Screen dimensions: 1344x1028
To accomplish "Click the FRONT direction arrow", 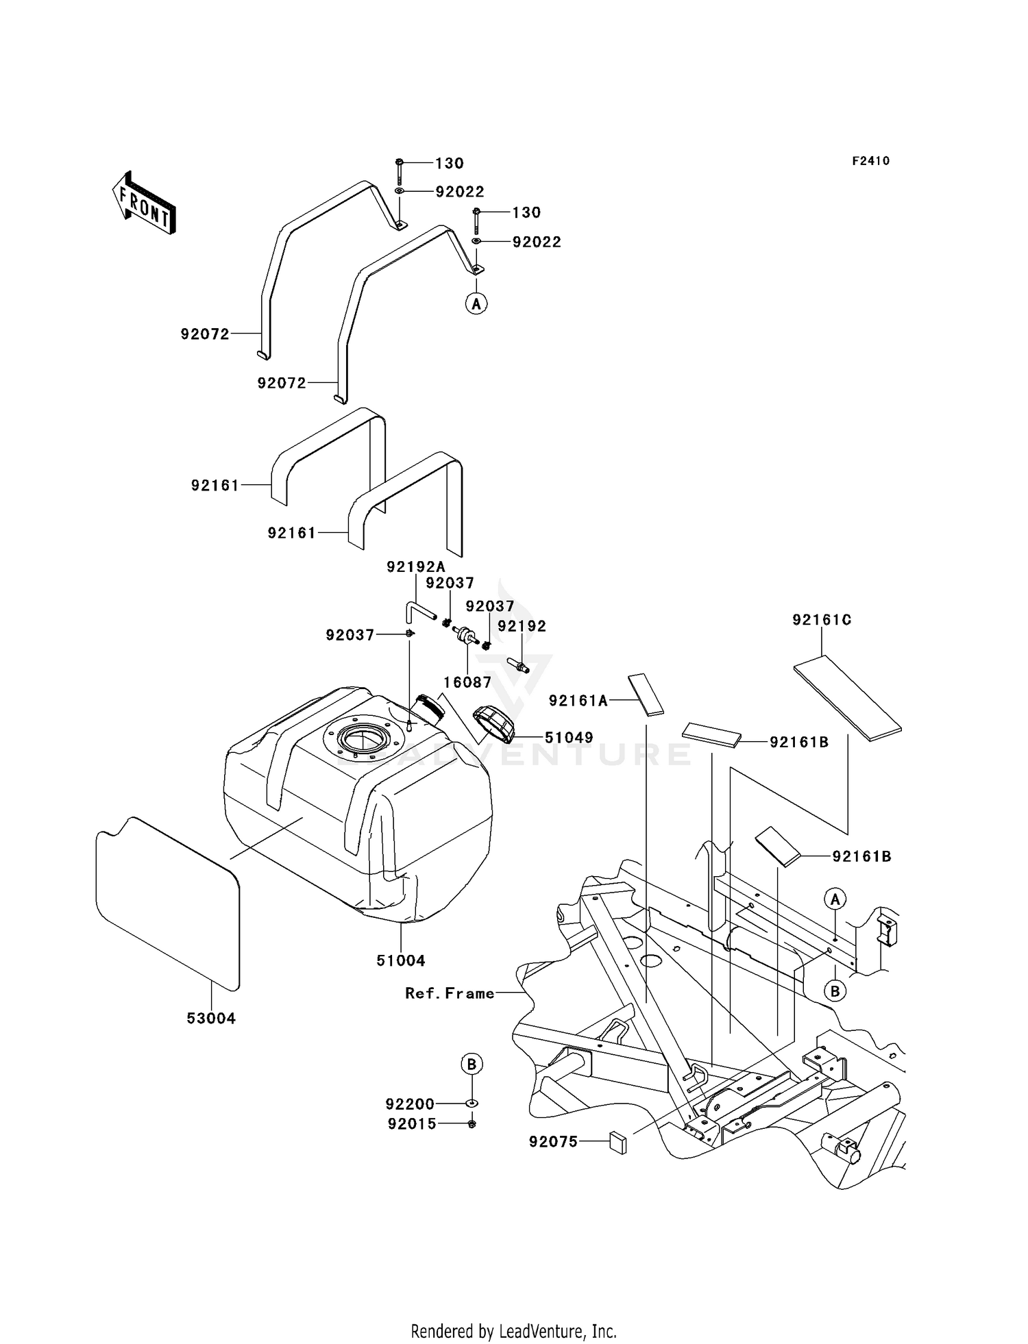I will click(145, 203).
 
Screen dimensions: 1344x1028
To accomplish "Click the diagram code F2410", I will click(870, 161).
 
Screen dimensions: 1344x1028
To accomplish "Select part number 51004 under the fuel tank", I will click(401, 960).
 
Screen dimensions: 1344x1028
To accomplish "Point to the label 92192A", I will click(416, 567).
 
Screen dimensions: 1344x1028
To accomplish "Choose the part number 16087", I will click(467, 682).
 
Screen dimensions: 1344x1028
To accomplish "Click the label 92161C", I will click(822, 620).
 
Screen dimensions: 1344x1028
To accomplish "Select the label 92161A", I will click(578, 701).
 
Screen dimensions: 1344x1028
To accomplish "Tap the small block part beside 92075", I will click(617, 1143).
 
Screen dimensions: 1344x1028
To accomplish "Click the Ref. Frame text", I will click(450, 993).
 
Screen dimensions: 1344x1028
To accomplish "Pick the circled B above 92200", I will click(472, 1065).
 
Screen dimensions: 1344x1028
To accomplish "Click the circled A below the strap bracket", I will click(476, 303).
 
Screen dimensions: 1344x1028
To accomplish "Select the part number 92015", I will click(412, 1124).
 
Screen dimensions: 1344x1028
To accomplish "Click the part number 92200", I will click(410, 1104).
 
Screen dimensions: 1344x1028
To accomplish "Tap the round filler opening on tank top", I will click(361, 741).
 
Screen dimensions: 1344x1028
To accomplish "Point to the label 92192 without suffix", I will click(522, 626).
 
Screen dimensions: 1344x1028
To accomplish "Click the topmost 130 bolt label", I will click(450, 163).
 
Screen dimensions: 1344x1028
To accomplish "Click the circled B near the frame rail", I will click(835, 991).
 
